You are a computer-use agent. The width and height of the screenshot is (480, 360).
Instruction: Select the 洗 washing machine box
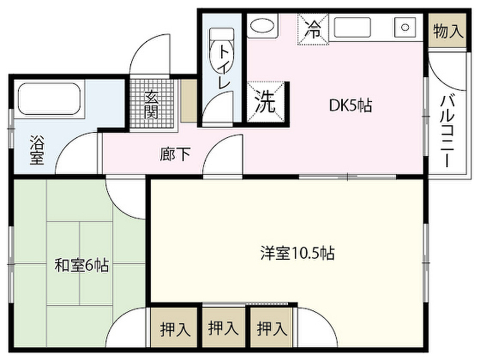point(265,104)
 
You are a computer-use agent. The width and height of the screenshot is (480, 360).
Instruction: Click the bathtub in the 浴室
point(49,98)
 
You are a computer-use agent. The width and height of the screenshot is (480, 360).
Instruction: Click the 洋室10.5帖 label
point(297,253)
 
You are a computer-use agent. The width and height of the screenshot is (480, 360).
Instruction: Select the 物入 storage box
point(448,32)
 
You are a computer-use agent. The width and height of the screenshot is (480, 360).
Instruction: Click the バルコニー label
point(448,131)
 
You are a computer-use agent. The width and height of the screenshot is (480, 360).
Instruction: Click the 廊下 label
point(175,154)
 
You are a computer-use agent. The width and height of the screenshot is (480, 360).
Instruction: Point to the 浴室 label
point(37,150)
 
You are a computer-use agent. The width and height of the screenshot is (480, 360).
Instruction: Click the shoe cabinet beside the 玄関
point(189,101)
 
